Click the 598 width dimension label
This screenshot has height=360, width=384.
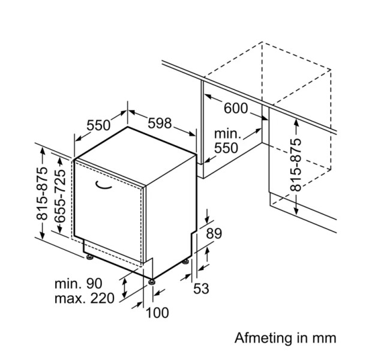pyautogui.click(x=160, y=124)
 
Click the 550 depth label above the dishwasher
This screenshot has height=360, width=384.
pyautogui.click(x=98, y=125)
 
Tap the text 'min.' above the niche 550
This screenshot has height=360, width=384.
pyautogui.click(x=227, y=134)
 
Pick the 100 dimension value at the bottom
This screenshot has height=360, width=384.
pyautogui.click(x=157, y=312)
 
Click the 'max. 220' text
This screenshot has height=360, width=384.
pyautogui.click(x=84, y=298)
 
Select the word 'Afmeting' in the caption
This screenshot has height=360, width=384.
pyautogui.click(x=259, y=338)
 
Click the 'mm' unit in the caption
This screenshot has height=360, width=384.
pyautogui.click(x=325, y=338)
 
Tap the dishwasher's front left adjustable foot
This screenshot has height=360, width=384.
pyautogui.click(x=90, y=257)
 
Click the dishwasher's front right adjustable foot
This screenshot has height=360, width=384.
pyautogui.click(x=151, y=279)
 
